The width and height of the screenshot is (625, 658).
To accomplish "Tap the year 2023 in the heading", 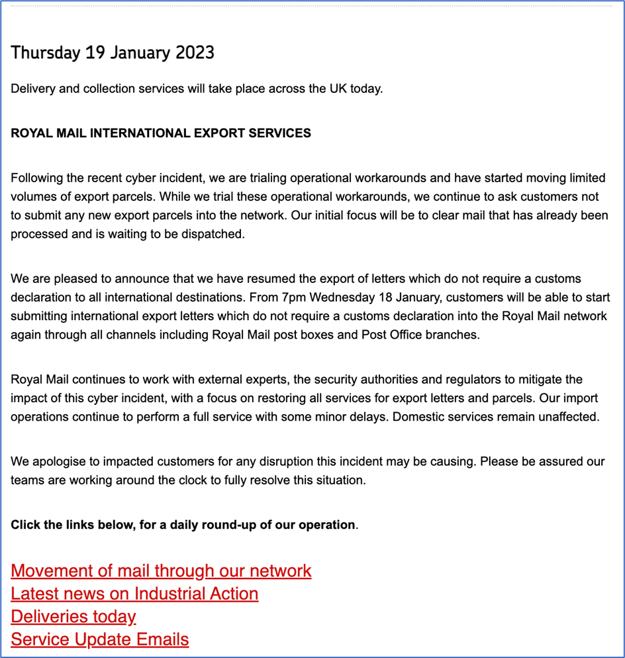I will pos(195,53).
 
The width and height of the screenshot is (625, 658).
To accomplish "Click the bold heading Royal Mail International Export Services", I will pos(161,133).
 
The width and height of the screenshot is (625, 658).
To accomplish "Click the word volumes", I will pos(34,197).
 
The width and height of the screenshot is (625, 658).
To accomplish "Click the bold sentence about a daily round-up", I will pos(183,525).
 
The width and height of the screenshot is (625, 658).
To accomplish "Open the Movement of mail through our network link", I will pos(161,571).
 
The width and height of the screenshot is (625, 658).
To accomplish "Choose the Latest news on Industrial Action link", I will pos(134,593).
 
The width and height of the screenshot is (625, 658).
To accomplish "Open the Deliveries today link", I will pos(73,616).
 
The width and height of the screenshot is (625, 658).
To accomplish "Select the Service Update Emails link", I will pos(100,639).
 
